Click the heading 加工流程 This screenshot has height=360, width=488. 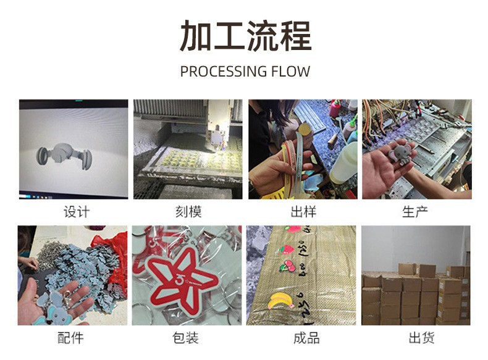coord(245,35)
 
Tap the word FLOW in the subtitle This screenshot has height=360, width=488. coord(290,72)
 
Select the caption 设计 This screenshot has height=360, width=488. coord(76,212)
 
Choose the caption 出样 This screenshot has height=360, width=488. coord(303,212)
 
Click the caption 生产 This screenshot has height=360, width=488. coord(416,212)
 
